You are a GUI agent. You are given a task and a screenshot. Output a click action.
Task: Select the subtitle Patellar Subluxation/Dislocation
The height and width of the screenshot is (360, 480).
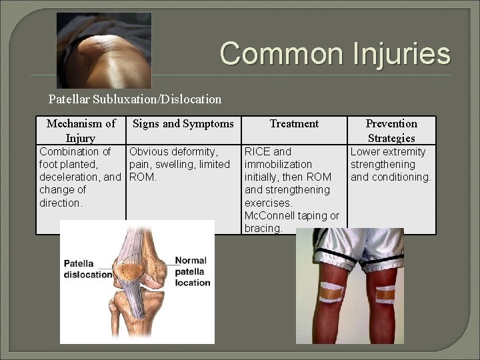coord(135,99)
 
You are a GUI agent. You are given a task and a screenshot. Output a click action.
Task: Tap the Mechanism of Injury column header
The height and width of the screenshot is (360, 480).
coord(81,130)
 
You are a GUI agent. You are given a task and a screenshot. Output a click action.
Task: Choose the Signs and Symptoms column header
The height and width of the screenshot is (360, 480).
coord(183,123)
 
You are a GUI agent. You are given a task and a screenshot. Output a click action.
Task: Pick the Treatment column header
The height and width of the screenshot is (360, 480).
coord(294,123)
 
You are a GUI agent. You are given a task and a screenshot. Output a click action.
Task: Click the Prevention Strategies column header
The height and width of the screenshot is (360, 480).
coord(391,130)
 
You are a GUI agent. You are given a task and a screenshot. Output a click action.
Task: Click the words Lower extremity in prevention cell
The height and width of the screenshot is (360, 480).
coord(388,152)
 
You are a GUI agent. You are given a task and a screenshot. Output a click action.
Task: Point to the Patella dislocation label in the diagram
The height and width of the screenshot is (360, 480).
coord(87,269)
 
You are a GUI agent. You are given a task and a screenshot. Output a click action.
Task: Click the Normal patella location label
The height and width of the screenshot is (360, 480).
coord(191,271)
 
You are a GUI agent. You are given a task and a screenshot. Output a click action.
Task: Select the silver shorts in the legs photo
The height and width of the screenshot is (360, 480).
coord(349,251)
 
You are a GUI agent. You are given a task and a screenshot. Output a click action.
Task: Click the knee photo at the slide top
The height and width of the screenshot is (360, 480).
coord(104,50)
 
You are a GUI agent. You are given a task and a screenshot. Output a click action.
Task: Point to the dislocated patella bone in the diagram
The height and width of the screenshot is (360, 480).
coord(134,272)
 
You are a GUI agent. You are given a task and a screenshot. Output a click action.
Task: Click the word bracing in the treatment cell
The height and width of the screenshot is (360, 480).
coord(263,228)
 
